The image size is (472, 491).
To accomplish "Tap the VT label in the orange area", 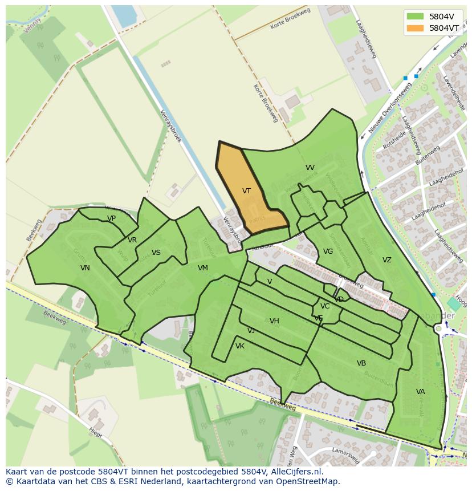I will click(x=246, y=191).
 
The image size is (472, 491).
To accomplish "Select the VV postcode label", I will click(x=310, y=168).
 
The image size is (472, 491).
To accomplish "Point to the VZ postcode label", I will click(x=387, y=260).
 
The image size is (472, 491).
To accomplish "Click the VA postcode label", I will click(x=420, y=392).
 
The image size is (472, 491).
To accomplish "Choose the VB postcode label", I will click(x=361, y=363).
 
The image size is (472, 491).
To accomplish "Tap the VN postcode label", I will click(x=85, y=268).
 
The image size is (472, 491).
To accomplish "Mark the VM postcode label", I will click(x=203, y=268).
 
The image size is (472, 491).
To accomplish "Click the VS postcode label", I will click(x=156, y=253).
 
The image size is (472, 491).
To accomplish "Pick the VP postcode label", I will click(x=111, y=218).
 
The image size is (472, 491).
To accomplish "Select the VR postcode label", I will click(x=132, y=240).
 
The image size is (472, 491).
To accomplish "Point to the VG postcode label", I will click(x=328, y=251).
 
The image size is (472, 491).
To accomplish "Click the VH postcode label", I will click(x=274, y=321).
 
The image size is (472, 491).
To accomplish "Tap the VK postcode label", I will click(x=240, y=346).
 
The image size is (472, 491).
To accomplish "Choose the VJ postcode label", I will click(x=251, y=331).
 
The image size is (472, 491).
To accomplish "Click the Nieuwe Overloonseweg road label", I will click(x=390, y=108).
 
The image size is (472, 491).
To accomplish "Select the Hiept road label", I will click(x=95, y=434).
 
